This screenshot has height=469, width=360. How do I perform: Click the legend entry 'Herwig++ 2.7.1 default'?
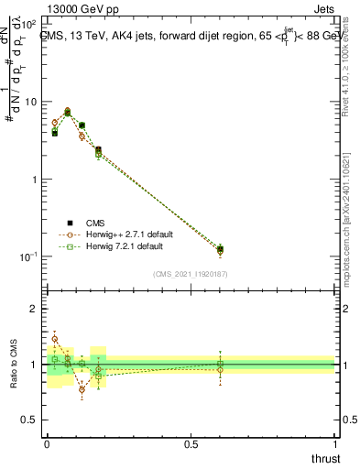tap(122, 234)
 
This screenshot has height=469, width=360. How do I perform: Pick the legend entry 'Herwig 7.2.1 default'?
tap(119, 247)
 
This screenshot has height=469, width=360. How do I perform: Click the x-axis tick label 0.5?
tap(191, 443)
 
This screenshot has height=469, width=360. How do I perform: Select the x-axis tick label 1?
tap(335, 443)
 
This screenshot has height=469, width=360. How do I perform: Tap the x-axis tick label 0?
tap(47, 443)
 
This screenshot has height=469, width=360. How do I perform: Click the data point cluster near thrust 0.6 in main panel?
tap(220, 249)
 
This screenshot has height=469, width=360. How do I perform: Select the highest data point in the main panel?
tap(68, 111)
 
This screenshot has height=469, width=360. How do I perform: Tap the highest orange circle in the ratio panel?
tap(54, 339)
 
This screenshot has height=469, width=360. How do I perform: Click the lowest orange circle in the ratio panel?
tap(82, 389)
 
